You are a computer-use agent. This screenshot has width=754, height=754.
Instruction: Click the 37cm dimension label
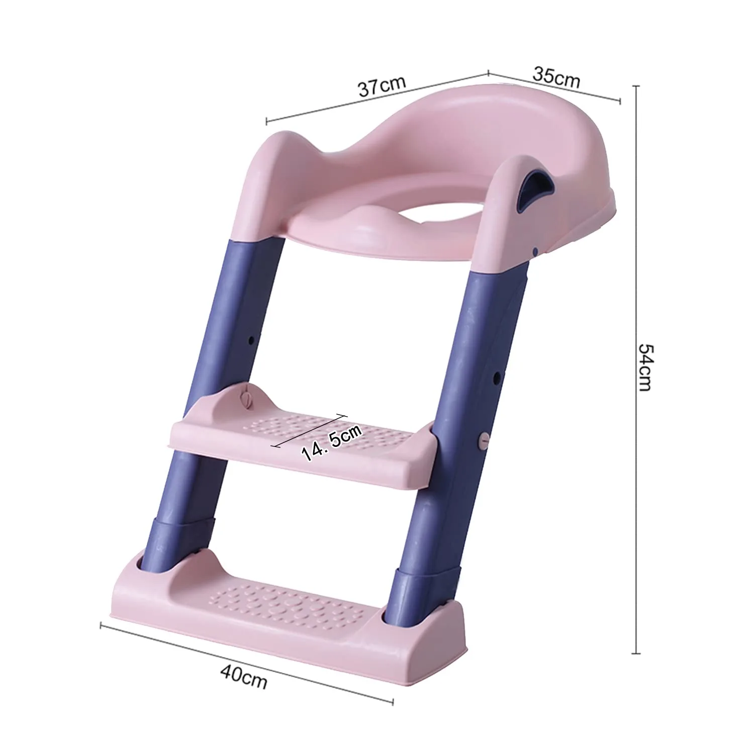tap(382, 86)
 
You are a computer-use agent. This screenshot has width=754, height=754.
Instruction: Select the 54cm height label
tap(645, 366)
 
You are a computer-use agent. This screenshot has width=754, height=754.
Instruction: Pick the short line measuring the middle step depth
tap(309, 430)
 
